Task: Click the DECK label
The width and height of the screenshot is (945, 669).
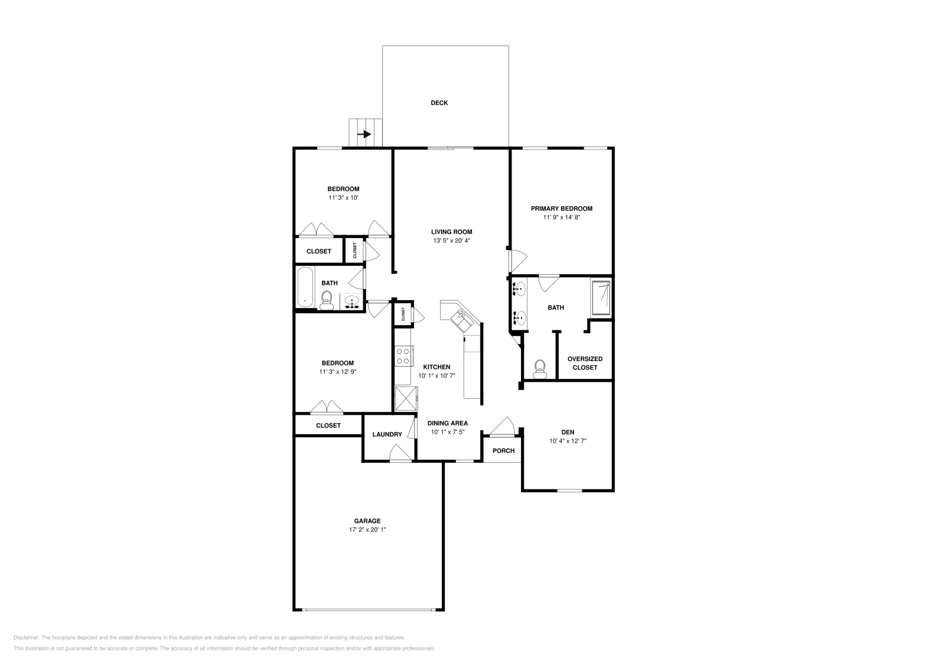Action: [439, 103]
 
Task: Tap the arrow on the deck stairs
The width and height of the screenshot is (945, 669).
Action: [365, 134]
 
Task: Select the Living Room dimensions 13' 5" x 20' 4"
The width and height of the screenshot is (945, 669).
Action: [451, 241]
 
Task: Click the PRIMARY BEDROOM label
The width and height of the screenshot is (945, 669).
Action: [561, 209]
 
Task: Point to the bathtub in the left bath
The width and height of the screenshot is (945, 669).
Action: [305, 287]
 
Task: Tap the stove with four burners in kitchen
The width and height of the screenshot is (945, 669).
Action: [403, 356]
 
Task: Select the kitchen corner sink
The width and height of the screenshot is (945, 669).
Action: [461, 319]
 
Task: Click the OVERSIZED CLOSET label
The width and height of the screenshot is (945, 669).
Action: [585, 363]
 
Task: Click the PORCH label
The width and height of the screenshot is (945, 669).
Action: [504, 450]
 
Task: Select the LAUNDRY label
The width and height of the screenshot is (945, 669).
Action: [387, 434]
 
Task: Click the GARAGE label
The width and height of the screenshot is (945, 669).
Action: [367, 521]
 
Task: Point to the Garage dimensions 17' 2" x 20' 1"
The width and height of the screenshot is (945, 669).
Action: [367, 530]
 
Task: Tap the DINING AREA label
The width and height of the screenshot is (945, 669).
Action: [447, 423]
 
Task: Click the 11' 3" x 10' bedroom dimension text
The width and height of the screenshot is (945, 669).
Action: [343, 198]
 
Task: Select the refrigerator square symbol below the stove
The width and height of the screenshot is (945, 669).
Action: [406, 398]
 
